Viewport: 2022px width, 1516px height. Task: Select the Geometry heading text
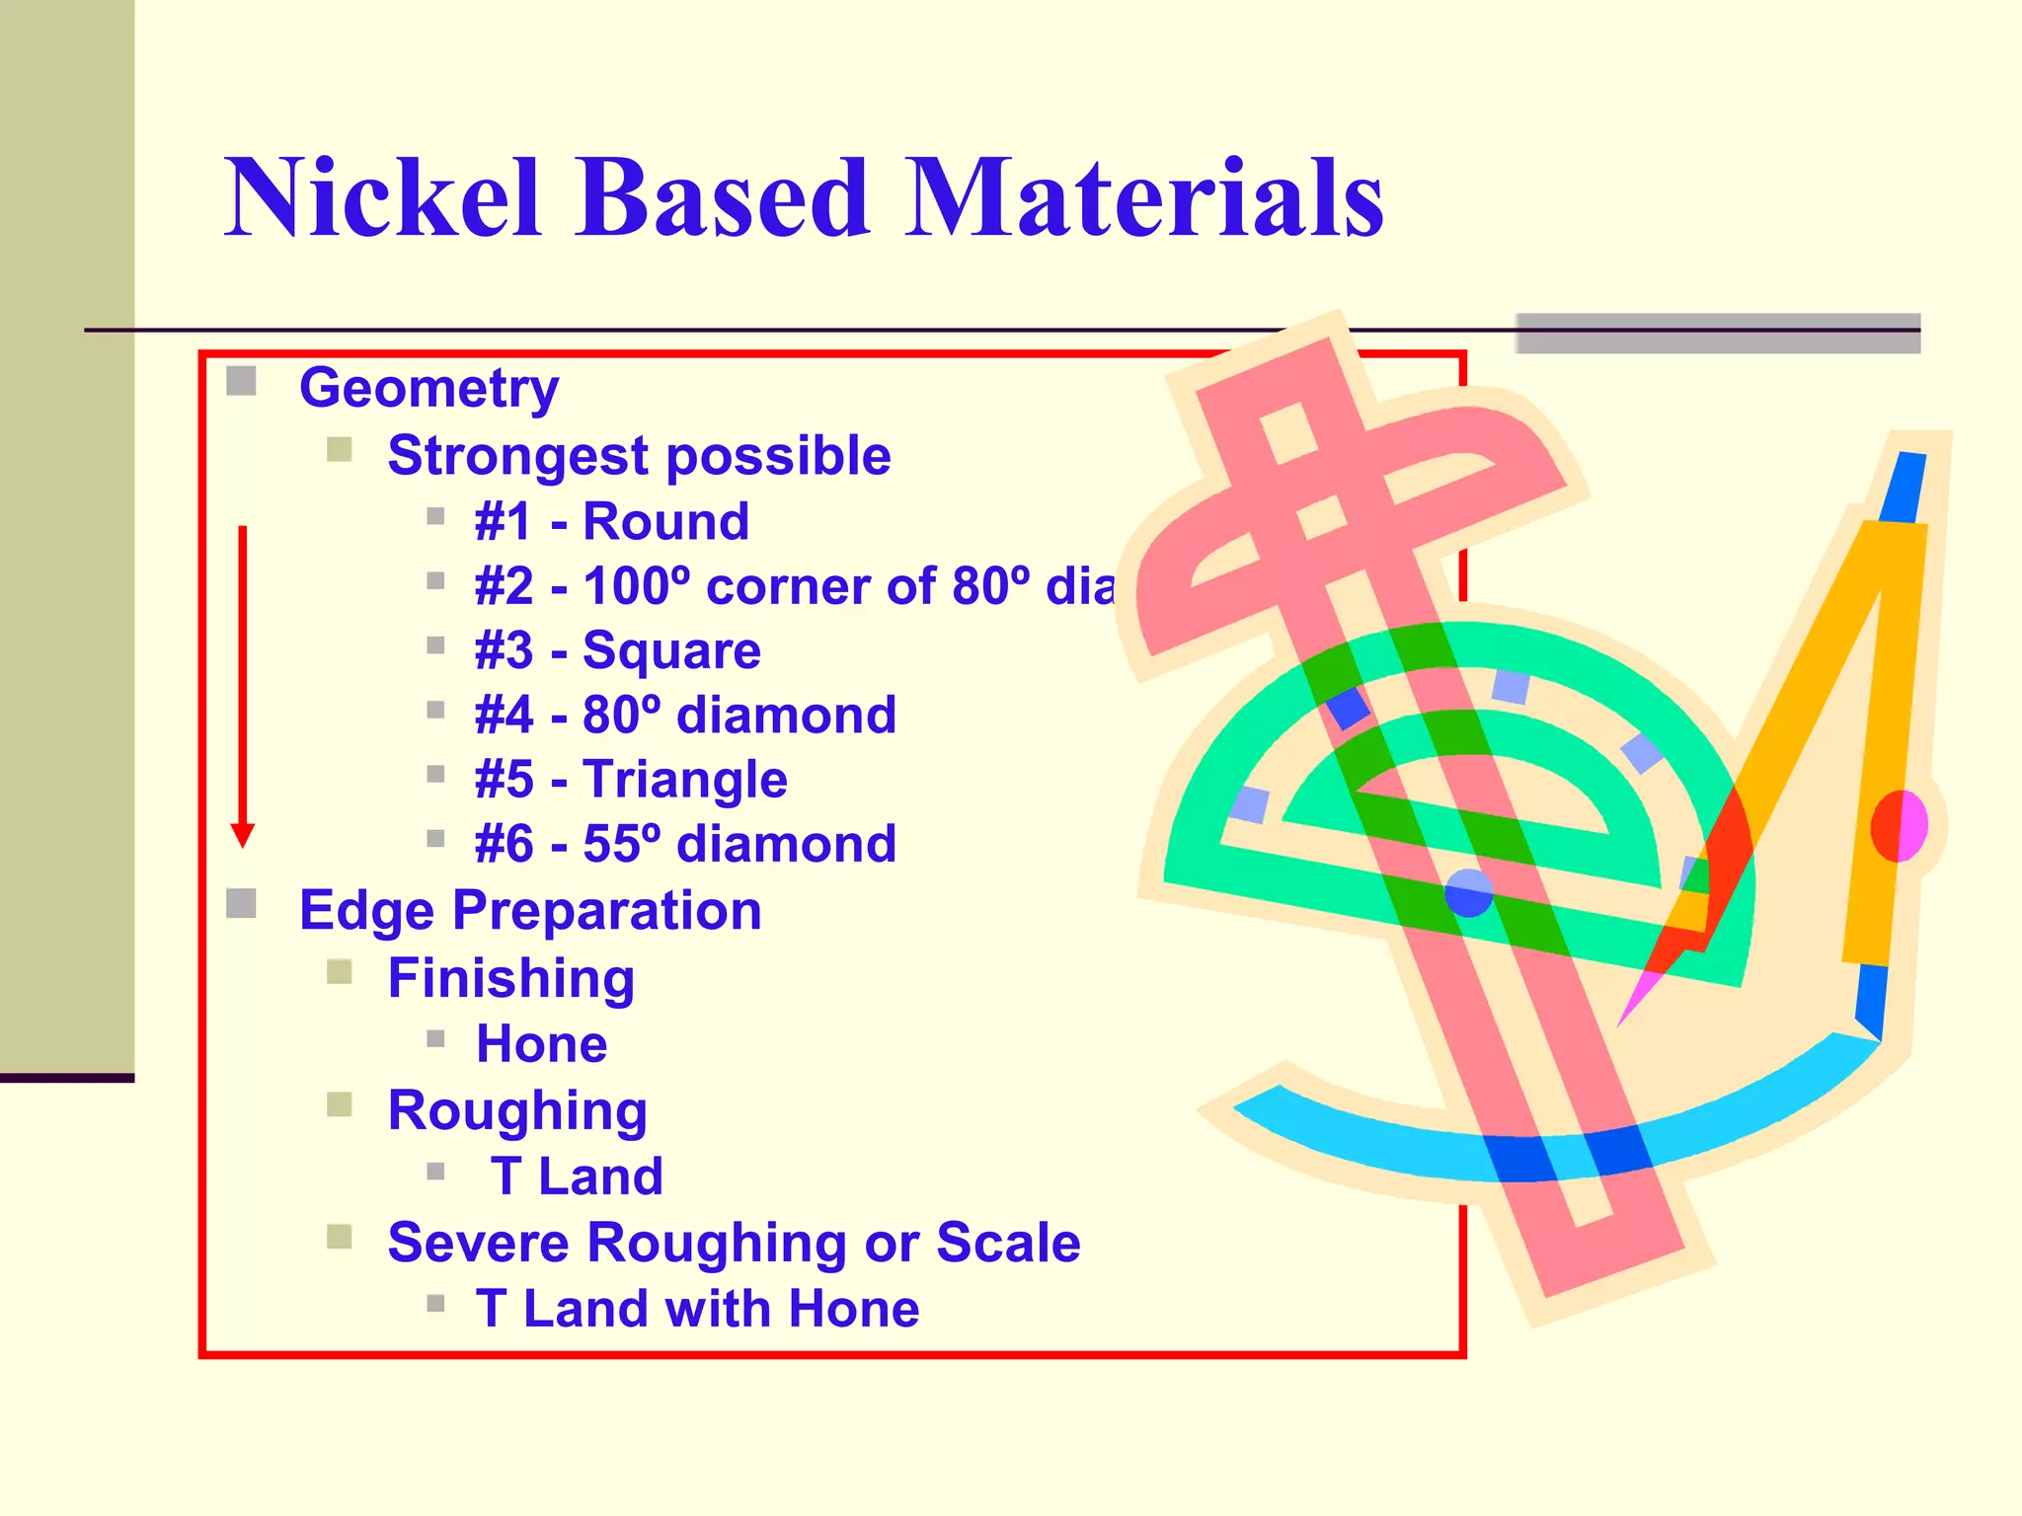[x=428, y=387]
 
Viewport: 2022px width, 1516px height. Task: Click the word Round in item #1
[x=665, y=521]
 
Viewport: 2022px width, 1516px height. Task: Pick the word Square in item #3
[x=671, y=650]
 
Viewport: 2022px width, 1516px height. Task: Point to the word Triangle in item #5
[x=684, y=780]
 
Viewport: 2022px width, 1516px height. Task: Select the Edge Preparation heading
[x=530, y=910]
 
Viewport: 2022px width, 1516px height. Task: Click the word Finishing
[x=510, y=978]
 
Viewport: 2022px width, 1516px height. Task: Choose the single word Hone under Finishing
[x=541, y=1044]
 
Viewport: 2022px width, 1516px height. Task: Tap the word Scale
[x=1008, y=1243]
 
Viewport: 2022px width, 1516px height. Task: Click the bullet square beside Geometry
[x=241, y=381]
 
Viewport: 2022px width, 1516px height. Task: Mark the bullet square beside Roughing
[x=340, y=1104]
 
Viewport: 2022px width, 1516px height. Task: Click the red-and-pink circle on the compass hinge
[x=1898, y=825]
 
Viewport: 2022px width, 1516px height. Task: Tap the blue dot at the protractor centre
[x=1468, y=893]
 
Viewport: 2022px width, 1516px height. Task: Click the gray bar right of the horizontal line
[x=1717, y=334]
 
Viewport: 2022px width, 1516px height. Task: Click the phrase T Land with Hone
[x=697, y=1309]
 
